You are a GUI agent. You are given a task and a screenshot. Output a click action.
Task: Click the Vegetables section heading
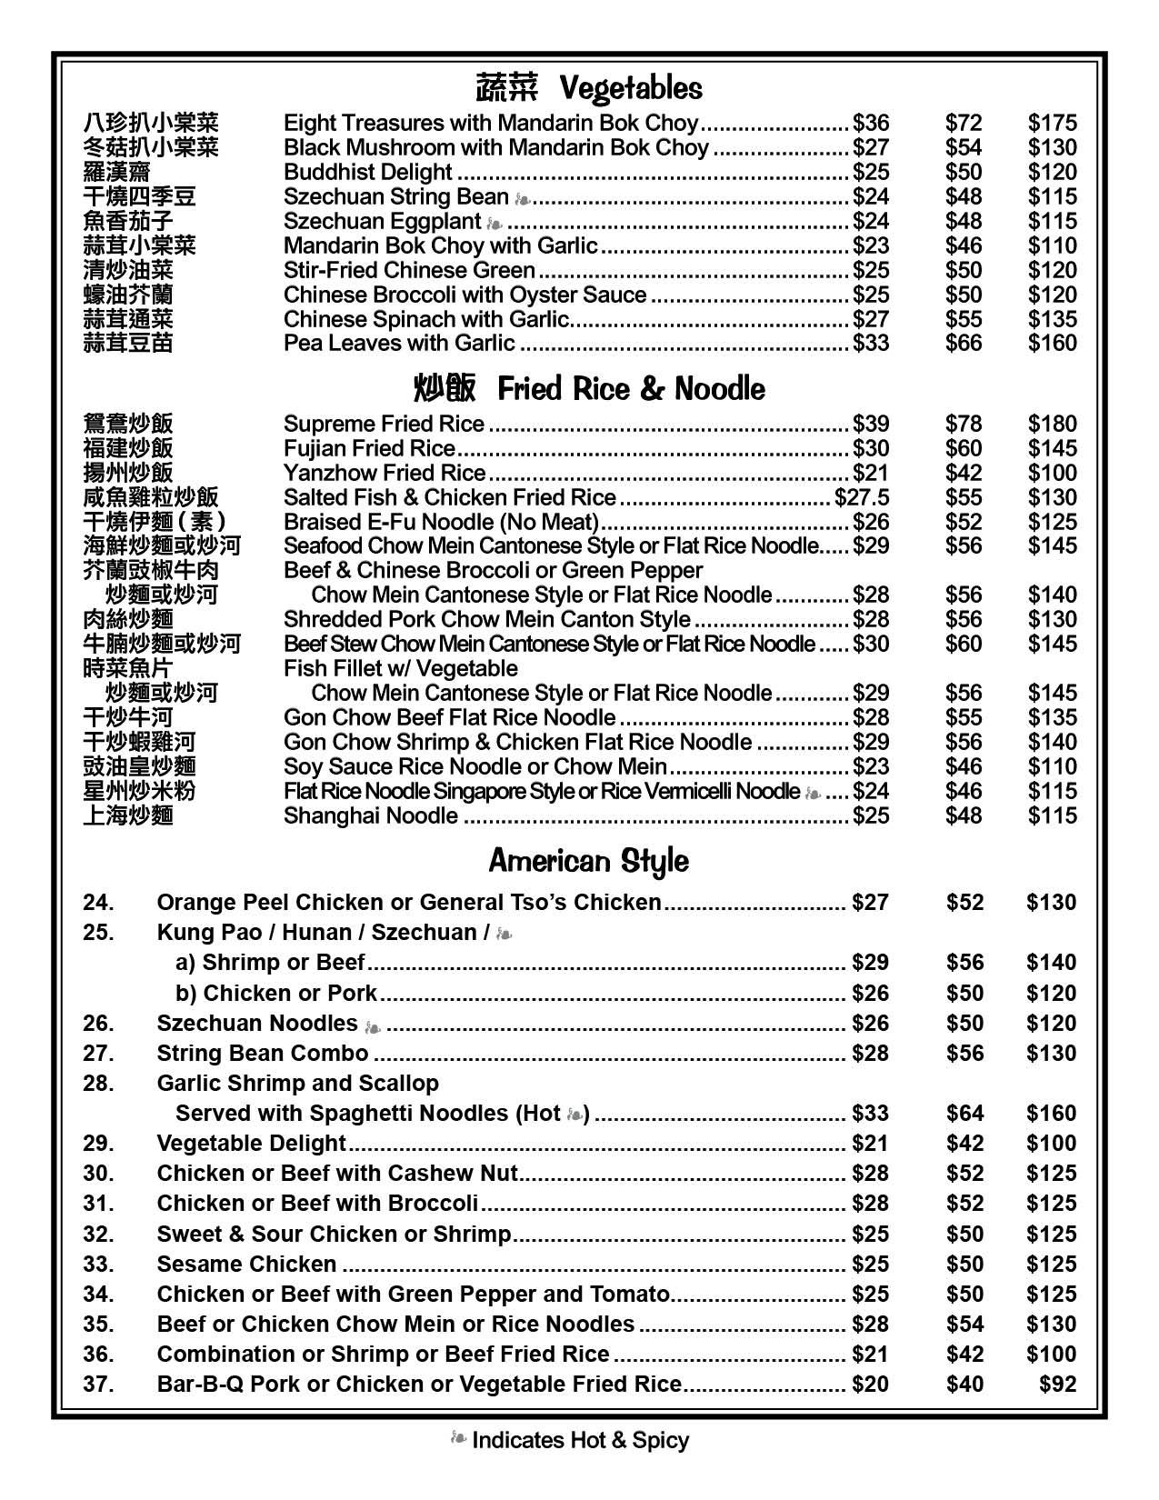588,88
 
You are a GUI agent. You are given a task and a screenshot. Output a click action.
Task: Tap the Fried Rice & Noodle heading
588,389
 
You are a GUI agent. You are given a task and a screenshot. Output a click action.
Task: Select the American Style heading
588,860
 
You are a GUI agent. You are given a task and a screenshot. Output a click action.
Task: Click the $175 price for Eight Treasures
1052,123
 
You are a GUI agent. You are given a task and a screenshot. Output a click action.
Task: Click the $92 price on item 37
1057,1384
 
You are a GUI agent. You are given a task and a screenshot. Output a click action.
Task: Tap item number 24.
98,902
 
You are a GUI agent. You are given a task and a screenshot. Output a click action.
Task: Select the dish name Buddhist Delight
367,172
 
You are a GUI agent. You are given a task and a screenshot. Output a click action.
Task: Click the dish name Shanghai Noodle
370,815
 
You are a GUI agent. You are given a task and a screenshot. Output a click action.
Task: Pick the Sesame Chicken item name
246,1264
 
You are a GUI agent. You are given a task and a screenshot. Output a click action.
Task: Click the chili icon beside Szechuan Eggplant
494,222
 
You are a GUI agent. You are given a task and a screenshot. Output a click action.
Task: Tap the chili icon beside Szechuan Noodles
372,1025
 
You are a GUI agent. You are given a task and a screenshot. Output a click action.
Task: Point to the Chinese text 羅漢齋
116,172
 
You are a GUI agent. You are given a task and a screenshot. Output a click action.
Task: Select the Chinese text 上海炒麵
127,815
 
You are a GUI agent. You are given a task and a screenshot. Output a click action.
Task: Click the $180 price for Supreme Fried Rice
1052,424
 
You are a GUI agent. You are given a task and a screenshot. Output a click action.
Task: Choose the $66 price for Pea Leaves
964,343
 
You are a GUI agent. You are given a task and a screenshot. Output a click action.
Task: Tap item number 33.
98,1264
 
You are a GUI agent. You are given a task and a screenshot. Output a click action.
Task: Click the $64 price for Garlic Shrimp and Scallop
964,1113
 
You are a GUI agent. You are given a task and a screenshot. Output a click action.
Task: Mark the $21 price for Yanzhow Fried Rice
870,473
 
